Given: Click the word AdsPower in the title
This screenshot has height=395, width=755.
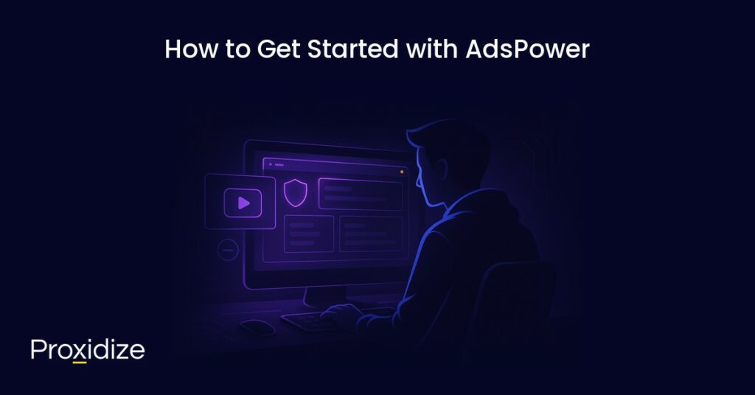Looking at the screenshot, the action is click(x=527, y=49).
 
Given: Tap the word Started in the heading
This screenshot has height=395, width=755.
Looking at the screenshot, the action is click(x=352, y=49).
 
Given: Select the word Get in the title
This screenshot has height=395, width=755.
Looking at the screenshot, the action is click(x=279, y=49).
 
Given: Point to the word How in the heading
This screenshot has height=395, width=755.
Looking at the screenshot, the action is click(x=191, y=49).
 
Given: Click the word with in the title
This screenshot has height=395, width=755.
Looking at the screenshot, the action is click(x=431, y=49).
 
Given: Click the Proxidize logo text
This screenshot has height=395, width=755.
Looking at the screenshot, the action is click(x=88, y=350).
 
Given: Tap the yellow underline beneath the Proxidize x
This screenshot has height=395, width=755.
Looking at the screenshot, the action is click(x=80, y=362).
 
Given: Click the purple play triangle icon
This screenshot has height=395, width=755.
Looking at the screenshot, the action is click(x=243, y=203).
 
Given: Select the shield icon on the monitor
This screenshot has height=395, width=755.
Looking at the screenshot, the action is click(x=295, y=192).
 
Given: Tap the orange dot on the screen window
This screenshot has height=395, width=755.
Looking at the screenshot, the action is click(x=402, y=172).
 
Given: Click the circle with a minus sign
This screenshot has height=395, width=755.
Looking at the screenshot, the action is click(x=228, y=250).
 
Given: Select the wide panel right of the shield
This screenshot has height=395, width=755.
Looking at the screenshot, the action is click(x=361, y=194).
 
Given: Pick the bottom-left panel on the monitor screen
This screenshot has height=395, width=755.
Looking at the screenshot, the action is click(x=309, y=234).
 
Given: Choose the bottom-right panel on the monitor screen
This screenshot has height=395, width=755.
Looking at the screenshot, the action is click(x=372, y=234).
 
